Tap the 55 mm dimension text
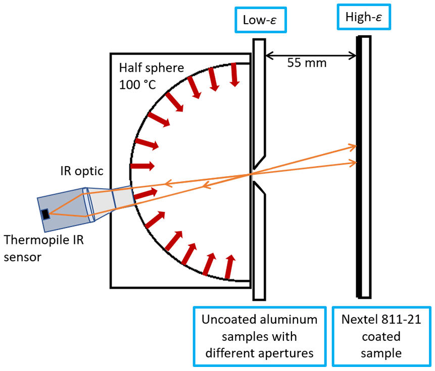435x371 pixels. point(307,63)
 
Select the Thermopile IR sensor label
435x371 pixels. point(42,247)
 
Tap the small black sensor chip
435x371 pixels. point(46,215)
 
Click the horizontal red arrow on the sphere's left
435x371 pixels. point(143,166)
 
